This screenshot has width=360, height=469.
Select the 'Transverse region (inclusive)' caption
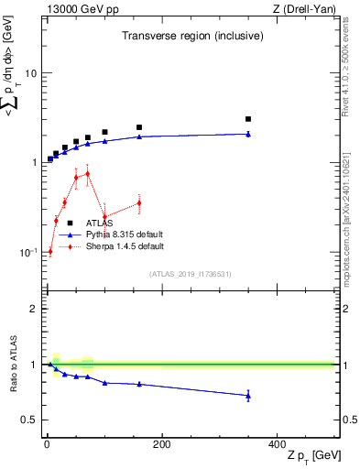coord(193,36)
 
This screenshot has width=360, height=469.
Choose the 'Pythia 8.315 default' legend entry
coord(125,234)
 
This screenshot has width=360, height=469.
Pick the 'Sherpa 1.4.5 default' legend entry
coord(125,246)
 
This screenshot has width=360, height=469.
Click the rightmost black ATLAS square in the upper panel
coord(247,119)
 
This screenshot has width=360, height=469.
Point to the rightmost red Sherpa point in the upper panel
coord(139,202)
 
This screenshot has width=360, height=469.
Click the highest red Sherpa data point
coord(87,173)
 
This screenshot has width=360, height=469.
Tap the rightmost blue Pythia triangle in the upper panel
coord(247,134)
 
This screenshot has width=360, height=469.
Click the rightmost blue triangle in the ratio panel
coord(247,396)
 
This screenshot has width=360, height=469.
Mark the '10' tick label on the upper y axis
coord(29,72)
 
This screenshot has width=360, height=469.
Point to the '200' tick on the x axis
coord(161,445)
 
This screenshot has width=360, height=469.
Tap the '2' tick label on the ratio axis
coord(31,309)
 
